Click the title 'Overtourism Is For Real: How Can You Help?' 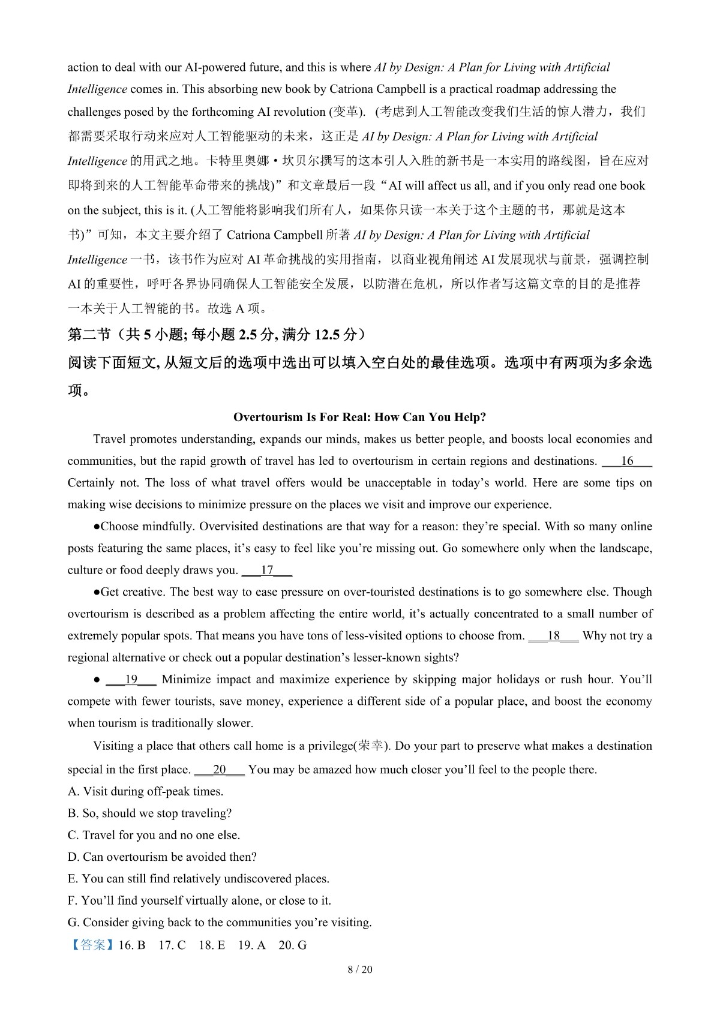pos(359,417)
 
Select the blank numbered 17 pos(267,570)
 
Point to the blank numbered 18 pos(553,636)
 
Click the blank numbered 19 pos(131,680)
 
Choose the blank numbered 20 pos(220,770)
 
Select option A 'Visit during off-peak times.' pos(145,791)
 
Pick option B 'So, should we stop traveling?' pos(149,813)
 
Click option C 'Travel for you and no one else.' pos(154,835)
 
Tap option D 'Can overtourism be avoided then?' pos(162,857)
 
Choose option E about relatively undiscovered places pos(199,879)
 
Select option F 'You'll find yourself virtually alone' pos(199,900)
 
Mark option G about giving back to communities pos(220,923)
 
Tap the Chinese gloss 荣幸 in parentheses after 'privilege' pos(372,746)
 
